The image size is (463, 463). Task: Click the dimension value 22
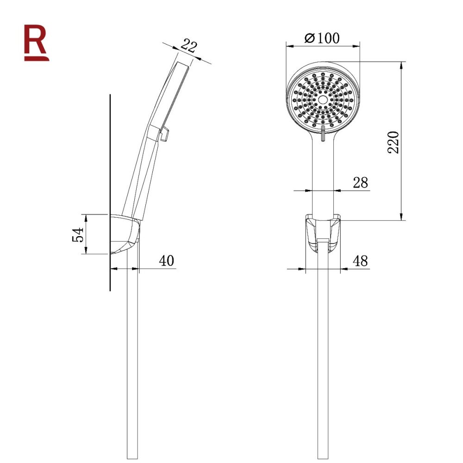188,46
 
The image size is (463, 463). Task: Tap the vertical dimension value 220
393,143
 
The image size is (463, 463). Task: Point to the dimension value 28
360,182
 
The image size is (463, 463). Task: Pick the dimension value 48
360,261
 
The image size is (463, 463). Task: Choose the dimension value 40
166,261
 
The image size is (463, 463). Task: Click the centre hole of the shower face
323,100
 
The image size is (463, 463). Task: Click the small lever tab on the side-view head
164,134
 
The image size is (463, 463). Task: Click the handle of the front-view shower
323,181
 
